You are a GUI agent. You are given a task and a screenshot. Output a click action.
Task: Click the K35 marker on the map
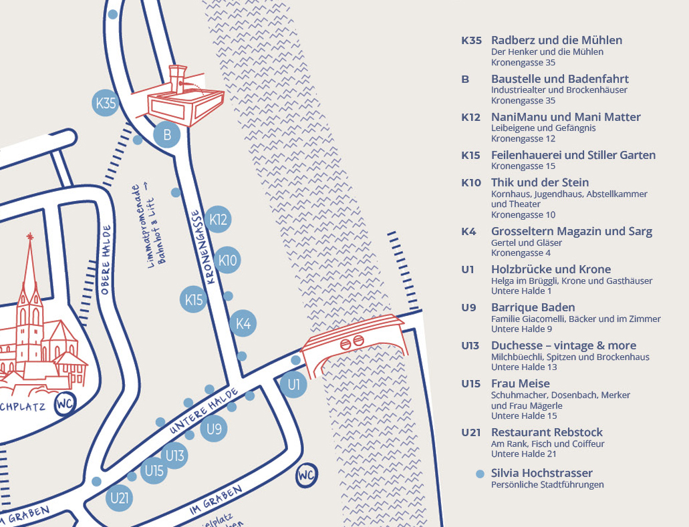(x=106, y=104)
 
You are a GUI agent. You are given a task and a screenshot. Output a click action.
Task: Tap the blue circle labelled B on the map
(x=167, y=135)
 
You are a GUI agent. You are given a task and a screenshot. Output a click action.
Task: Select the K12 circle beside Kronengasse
(x=218, y=219)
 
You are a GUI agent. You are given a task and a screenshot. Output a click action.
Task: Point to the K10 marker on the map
(x=227, y=260)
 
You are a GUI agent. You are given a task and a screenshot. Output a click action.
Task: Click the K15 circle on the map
(x=194, y=299)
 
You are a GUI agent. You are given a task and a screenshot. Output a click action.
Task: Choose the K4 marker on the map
(x=243, y=324)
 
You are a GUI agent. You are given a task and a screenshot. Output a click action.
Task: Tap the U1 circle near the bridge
(x=293, y=385)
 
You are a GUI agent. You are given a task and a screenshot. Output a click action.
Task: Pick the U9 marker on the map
(x=214, y=429)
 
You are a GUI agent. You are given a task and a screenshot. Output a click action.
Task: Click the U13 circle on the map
(x=174, y=456)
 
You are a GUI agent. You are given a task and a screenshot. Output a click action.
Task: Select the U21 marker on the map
(x=120, y=498)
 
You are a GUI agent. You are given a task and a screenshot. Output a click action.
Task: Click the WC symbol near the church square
(x=65, y=404)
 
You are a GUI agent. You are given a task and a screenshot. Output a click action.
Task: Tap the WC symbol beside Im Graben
(x=306, y=476)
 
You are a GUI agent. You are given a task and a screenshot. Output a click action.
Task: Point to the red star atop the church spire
(x=29, y=236)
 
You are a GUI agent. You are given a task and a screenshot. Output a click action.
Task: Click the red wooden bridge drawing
(x=353, y=342)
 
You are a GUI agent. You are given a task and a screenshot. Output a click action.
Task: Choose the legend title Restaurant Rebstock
(x=547, y=432)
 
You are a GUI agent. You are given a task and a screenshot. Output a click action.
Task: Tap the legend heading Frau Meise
(x=520, y=383)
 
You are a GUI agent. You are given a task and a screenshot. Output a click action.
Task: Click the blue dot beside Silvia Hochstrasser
(x=479, y=474)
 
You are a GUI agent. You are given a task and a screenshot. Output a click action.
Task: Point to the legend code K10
(x=470, y=182)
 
